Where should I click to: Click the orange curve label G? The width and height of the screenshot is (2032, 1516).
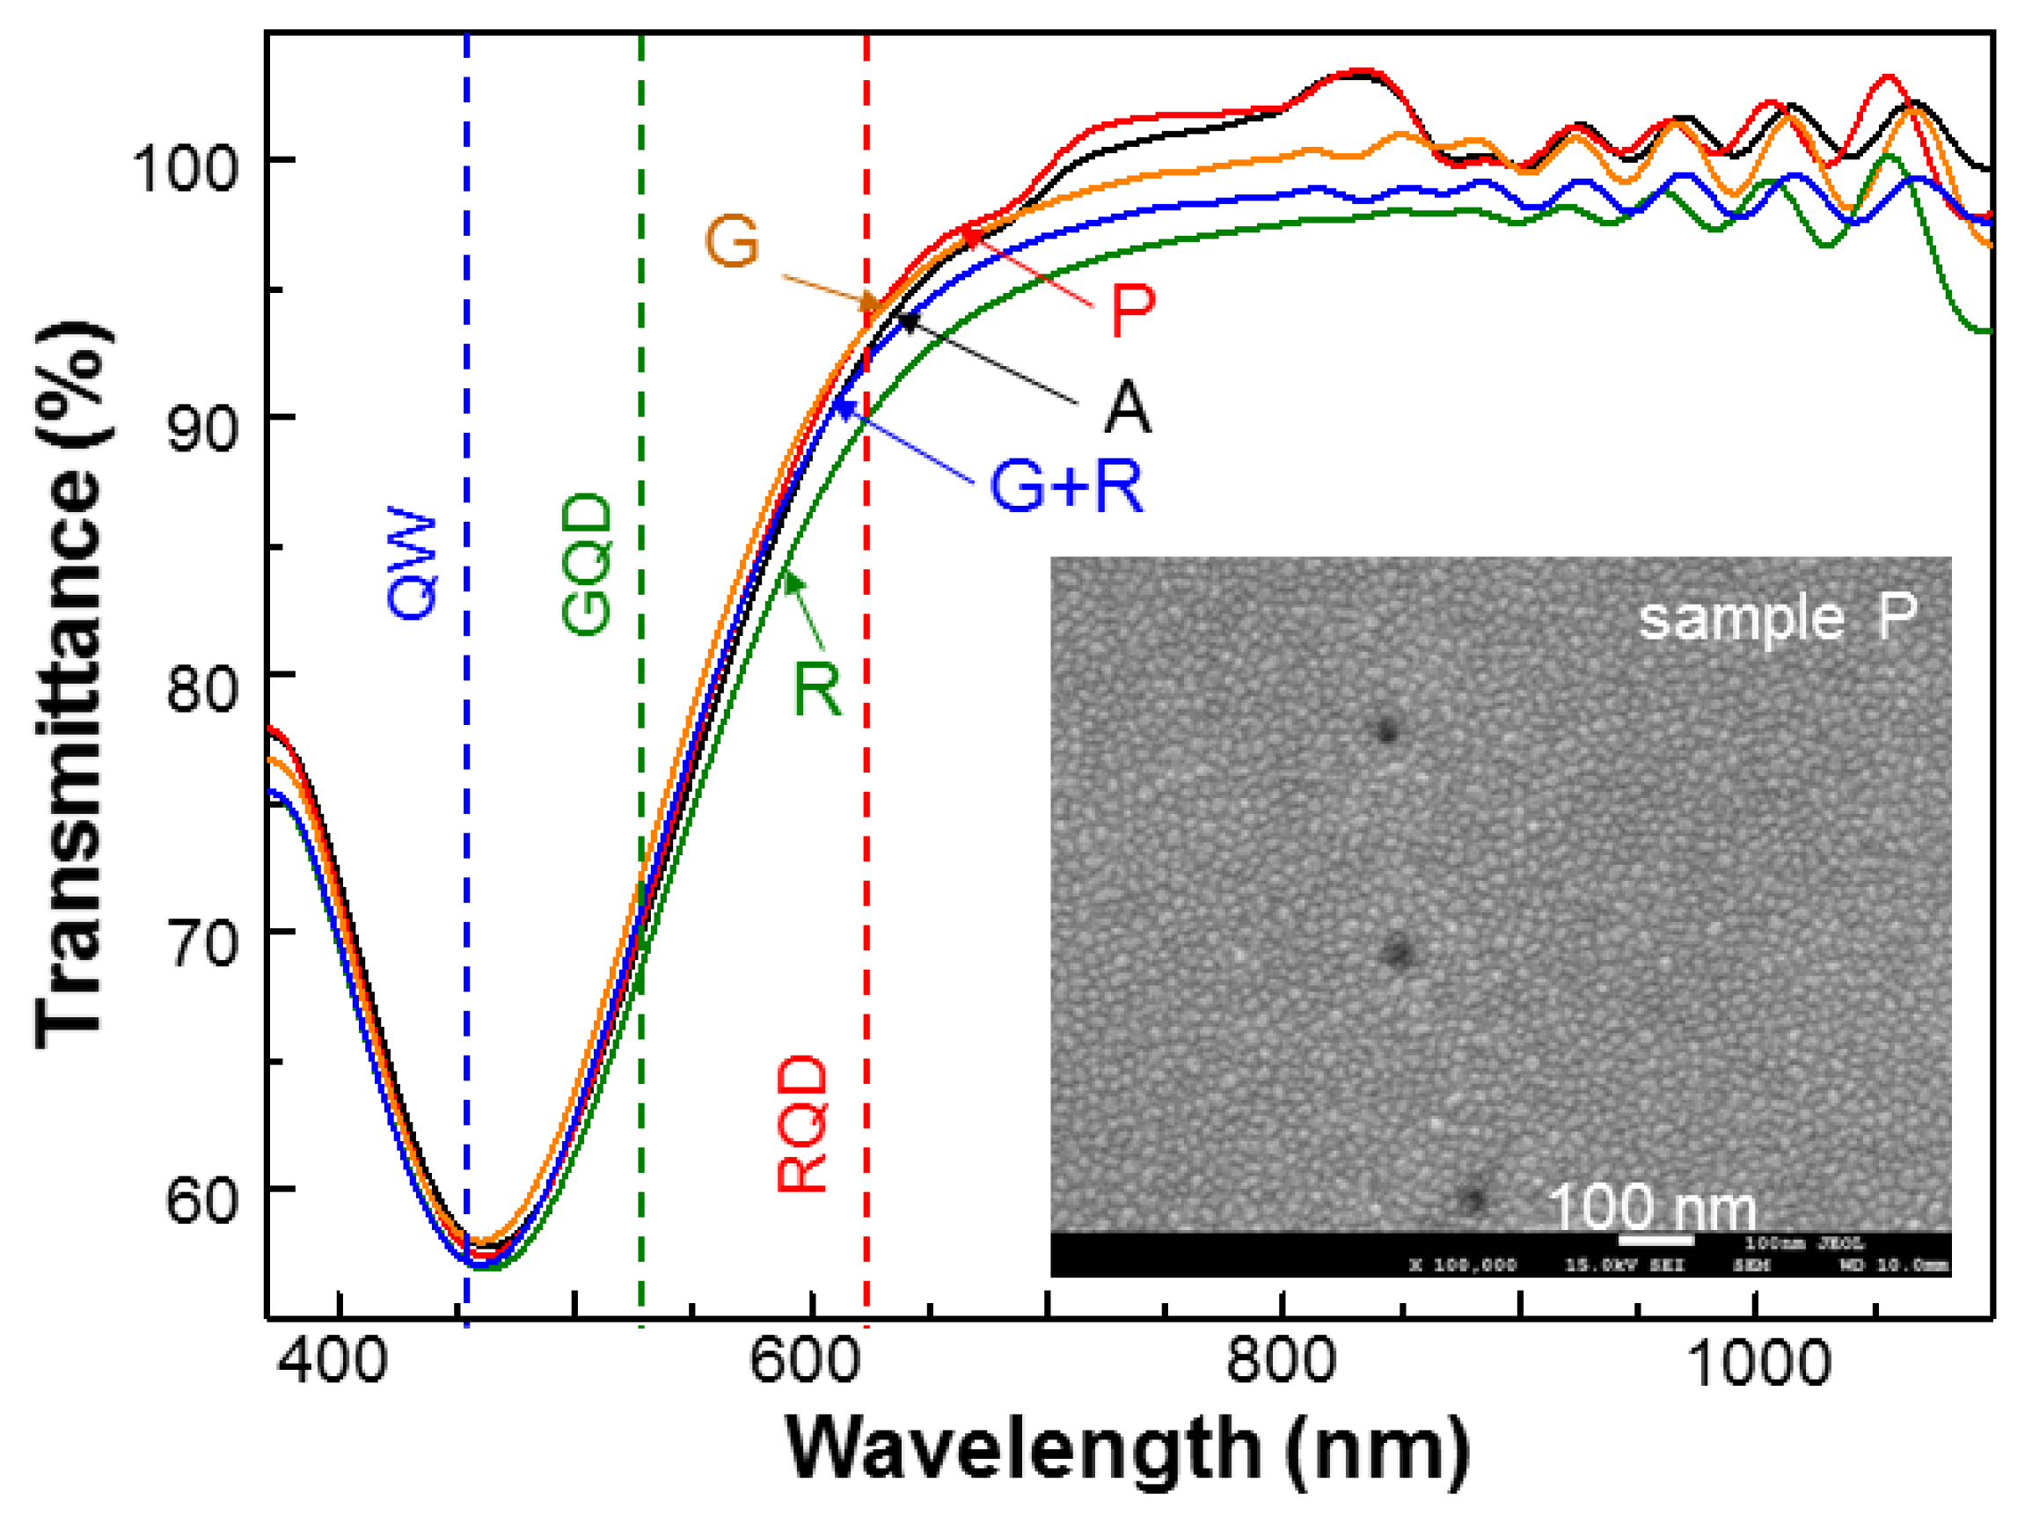click(x=731, y=242)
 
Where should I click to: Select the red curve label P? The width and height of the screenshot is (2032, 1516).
click(x=1131, y=312)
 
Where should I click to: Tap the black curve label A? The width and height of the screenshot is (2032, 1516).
click(x=1127, y=408)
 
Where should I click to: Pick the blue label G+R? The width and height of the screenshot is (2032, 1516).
click(x=1067, y=486)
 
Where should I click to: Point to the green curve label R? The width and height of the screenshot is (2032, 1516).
click(x=816, y=689)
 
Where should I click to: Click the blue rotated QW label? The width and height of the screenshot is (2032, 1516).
click(x=412, y=563)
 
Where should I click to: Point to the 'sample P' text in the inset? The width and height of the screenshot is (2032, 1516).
click(x=1777, y=619)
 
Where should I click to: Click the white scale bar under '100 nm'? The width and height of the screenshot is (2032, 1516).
click(x=1656, y=1241)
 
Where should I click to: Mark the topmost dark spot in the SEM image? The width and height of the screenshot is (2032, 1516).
click(x=1386, y=731)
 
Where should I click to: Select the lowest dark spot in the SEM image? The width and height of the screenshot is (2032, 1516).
click(x=1473, y=1199)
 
